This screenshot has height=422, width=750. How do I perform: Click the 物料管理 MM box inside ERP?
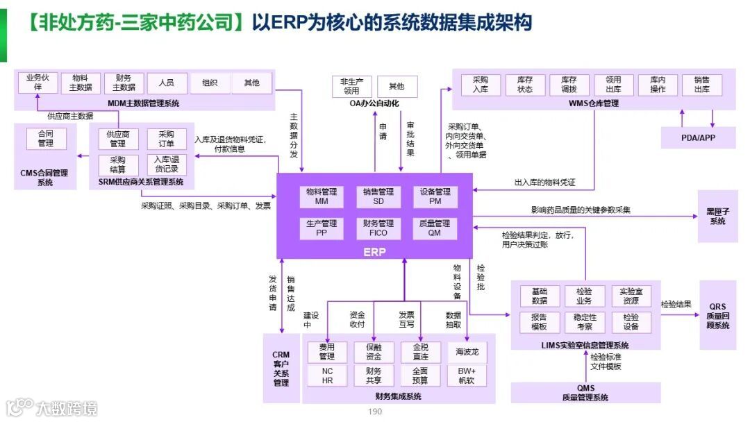[x=321, y=196]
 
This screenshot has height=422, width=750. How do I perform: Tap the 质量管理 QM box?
[x=434, y=228]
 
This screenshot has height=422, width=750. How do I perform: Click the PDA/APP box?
[x=698, y=137]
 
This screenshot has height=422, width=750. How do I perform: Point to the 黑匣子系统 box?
[x=717, y=216]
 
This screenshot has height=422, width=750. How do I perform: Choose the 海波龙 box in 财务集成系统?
[x=467, y=352]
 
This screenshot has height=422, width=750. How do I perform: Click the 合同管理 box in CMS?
[x=46, y=139]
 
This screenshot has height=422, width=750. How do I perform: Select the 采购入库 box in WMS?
[x=481, y=85]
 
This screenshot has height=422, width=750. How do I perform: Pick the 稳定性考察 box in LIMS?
[x=584, y=322]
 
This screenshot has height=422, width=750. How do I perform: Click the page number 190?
[x=375, y=412]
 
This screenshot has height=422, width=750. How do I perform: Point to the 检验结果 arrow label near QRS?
[x=676, y=304]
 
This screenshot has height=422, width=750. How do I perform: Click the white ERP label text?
[x=374, y=252]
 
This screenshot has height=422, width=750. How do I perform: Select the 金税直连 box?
[x=420, y=352]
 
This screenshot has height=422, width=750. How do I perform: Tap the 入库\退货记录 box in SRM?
[x=167, y=164]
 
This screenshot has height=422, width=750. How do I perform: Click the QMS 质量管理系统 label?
[x=585, y=393]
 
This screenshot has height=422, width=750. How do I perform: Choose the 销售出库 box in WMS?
[x=701, y=85]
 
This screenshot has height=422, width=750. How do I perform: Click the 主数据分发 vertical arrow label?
[x=294, y=135]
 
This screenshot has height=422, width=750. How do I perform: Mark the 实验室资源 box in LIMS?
[x=631, y=296]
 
